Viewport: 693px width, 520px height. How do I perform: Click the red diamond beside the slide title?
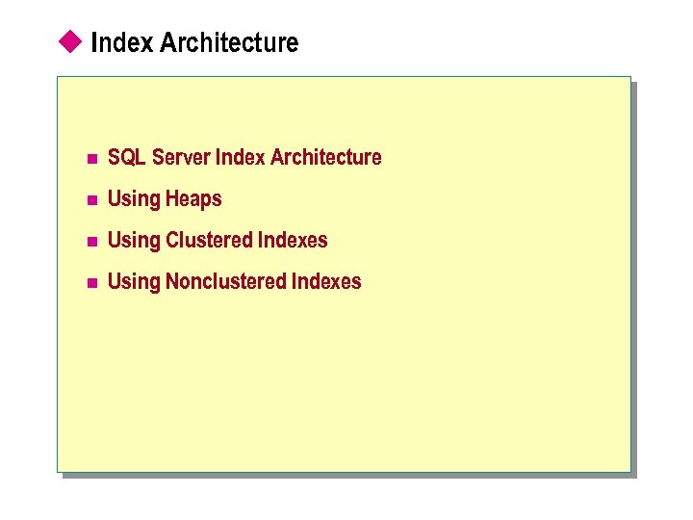coord(68,40)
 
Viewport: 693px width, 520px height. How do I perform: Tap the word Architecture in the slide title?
coord(229,42)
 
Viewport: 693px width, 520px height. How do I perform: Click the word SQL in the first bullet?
coord(126,157)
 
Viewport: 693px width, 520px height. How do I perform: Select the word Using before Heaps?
coord(134,199)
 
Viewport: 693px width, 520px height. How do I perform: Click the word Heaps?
coord(193,199)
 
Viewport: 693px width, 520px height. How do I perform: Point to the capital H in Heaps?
coord(171,198)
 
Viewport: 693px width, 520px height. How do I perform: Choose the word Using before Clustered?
coord(134,241)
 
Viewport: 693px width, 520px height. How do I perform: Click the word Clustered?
coord(209,240)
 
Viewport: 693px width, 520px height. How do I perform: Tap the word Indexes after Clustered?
coord(293,240)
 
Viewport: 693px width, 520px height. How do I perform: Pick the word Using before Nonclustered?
coord(134,282)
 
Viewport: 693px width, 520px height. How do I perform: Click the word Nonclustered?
coord(225,281)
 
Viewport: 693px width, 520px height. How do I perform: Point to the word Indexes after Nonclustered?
coord(326,281)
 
